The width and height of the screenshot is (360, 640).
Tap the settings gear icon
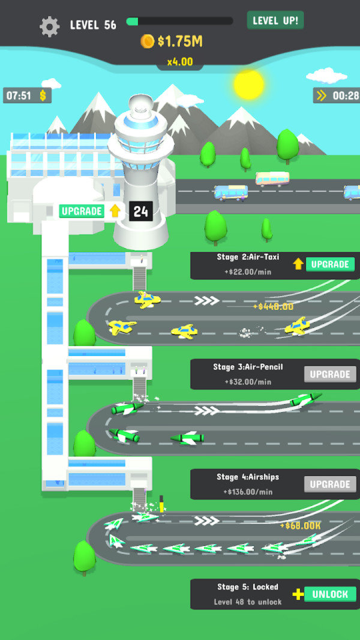[x=50, y=26]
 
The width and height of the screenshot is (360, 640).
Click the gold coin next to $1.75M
[x=148, y=41]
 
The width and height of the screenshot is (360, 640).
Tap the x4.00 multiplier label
[x=179, y=61]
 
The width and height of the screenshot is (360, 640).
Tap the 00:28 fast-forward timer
[x=337, y=95]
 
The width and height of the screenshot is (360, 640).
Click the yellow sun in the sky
[x=249, y=84]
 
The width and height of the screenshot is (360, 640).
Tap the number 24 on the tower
[x=141, y=211]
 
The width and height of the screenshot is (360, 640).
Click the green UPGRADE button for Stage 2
[x=330, y=264]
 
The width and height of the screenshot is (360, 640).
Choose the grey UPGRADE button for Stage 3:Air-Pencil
[x=330, y=374]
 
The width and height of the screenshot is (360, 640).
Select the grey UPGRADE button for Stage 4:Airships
[x=330, y=484]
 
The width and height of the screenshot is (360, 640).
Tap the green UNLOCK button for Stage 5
[x=330, y=594]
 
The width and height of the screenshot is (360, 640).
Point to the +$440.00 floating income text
[x=273, y=307]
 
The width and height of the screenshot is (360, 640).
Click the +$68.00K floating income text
[x=300, y=525]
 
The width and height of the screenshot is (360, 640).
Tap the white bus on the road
[x=272, y=179]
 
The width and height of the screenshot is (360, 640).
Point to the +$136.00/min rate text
[x=248, y=492]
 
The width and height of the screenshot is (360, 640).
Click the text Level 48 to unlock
[x=248, y=602]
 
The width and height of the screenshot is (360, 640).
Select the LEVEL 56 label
[x=93, y=25]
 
